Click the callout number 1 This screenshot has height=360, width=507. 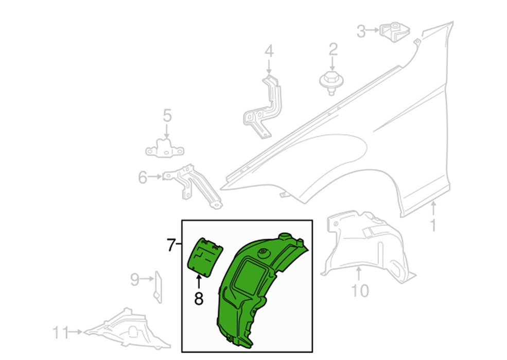[433, 225]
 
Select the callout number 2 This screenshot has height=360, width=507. [334, 49]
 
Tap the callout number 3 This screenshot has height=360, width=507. [361, 31]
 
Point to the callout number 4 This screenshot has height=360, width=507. [269, 51]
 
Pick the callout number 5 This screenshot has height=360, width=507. [167, 115]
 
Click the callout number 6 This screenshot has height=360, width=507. [143, 177]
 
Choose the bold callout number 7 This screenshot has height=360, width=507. [171, 245]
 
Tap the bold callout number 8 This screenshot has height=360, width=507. [199, 299]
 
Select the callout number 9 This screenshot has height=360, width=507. [135, 280]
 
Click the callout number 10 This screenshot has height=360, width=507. [360, 291]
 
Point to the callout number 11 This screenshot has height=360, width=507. [60, 333]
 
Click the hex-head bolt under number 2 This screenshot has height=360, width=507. [331, 83]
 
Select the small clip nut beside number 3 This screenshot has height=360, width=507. [394, 32]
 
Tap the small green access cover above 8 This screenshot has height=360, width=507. [205, 257]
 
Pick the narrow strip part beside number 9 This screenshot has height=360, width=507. [158, 287]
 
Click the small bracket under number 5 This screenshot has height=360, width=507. [165, 148]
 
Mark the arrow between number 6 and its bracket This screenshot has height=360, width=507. [155, 177]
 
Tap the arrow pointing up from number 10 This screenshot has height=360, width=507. [359, 274]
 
